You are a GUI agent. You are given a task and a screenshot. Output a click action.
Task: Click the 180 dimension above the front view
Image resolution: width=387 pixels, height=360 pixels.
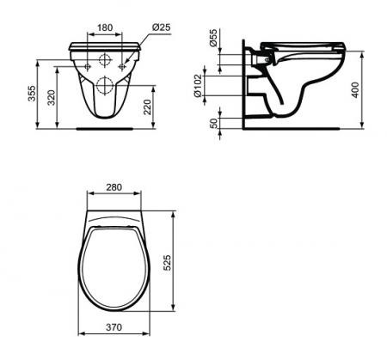point(103,27)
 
